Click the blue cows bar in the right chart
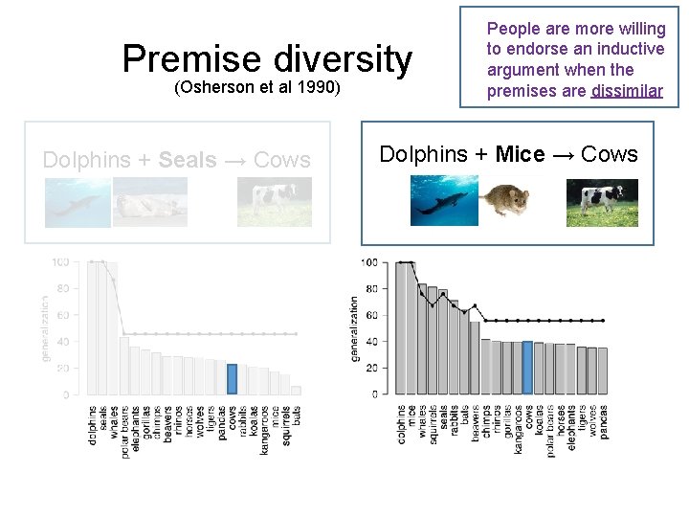tap(527, 368)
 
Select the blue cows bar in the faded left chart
tap(232, 377)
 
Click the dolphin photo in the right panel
tap(444, 202)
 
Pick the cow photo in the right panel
tap(601, 202)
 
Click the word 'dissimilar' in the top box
tap(627, 92)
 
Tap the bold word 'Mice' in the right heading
tap(521, 154)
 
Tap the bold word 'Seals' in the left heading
tap(188, 160)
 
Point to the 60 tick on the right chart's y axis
tap(368, 315)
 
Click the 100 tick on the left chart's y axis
tap(60, 261)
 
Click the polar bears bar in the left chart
tap(124, 365)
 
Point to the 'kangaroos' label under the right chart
tap(517, 428)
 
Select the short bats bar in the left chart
tap(296, 390)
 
